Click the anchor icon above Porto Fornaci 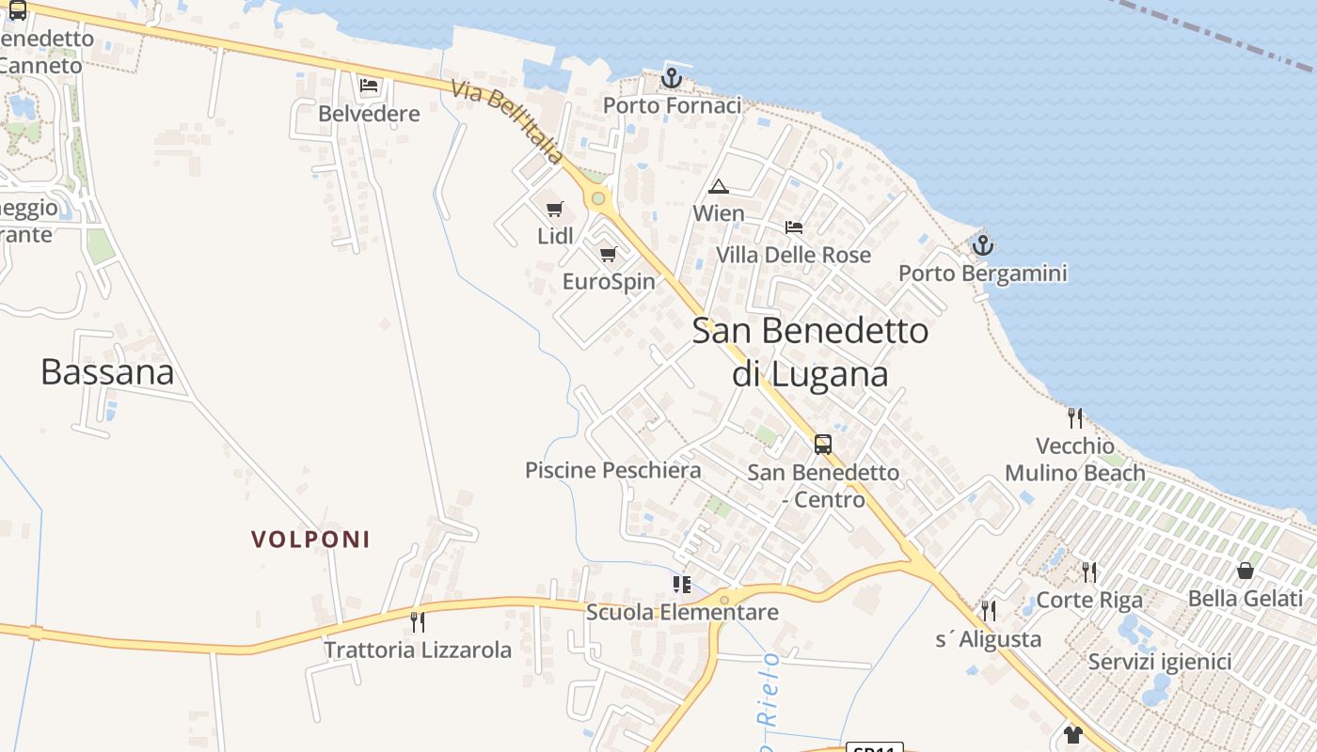[671, 78]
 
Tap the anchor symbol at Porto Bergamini [982, 245]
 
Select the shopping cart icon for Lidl [555, 209]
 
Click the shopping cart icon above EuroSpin [609, 254]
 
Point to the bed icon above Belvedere [369, 86]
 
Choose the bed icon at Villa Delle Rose [794, 227]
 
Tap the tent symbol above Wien [719, 186]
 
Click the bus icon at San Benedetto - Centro [823, 444]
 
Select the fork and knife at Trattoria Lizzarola [418, 621]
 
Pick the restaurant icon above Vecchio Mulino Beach [1074, 417]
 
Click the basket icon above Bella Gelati [1246, 571]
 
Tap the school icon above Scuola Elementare [682, 585]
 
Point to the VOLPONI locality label [310, 540]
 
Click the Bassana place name [107, 372]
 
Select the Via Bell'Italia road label [508, 121]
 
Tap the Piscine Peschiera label [613, 470]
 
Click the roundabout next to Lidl [597, 198]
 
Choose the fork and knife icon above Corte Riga [1089, 572]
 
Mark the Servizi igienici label [1160, 662]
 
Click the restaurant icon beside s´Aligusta [988, 611]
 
